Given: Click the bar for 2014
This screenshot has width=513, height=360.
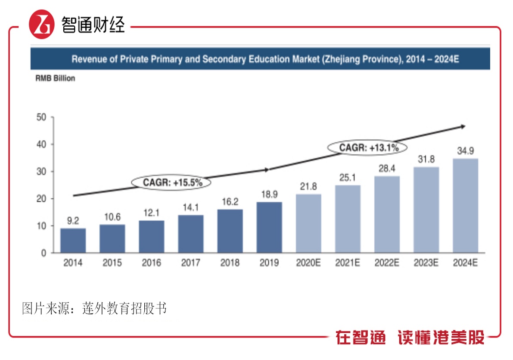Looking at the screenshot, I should tap(73, 240).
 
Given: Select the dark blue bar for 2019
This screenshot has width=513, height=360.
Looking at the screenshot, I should tap(269, 227).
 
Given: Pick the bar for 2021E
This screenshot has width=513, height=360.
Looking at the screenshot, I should tap(348, 219).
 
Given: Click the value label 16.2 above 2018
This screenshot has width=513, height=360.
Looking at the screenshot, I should tap(230, 202).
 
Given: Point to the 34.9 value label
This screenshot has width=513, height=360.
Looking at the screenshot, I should tap(465, 151).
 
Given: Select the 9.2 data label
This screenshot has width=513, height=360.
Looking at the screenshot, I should tap(73, 221).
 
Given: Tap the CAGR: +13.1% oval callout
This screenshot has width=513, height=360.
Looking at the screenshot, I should tap(367, 148).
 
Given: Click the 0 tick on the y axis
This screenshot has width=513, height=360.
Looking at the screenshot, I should tap(43, 253).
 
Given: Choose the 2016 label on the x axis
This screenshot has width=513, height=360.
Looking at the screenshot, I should tap(151, 263).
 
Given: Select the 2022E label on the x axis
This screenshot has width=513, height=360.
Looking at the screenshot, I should tap(387, 263).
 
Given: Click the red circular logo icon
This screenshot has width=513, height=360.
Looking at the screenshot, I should tap(42, 25).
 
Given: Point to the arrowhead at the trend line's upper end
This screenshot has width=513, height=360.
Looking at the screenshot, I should tap(462, 126).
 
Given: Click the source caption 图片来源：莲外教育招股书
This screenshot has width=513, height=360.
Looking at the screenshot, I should tap(94, 309).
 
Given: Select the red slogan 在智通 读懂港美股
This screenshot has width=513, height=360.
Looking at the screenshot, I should tap(410, 338).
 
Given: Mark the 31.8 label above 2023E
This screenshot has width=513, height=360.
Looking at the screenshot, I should tap(426, 159).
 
